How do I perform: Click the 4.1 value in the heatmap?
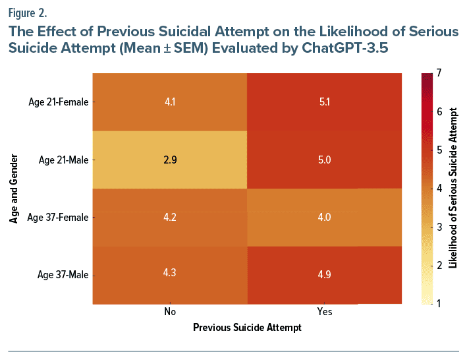click(170, 102)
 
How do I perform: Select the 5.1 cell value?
click(324, 102)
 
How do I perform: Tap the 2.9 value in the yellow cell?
click(170, 160)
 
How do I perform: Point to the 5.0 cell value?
click(324, 160)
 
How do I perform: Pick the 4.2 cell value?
click(170, 218)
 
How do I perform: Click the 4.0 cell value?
click(324, 218)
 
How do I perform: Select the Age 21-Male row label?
click(64, 160)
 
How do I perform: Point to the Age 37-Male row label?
click(64, 275)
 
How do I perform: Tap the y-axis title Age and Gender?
click(14, 189)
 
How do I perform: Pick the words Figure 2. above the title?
click(28, 13)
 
